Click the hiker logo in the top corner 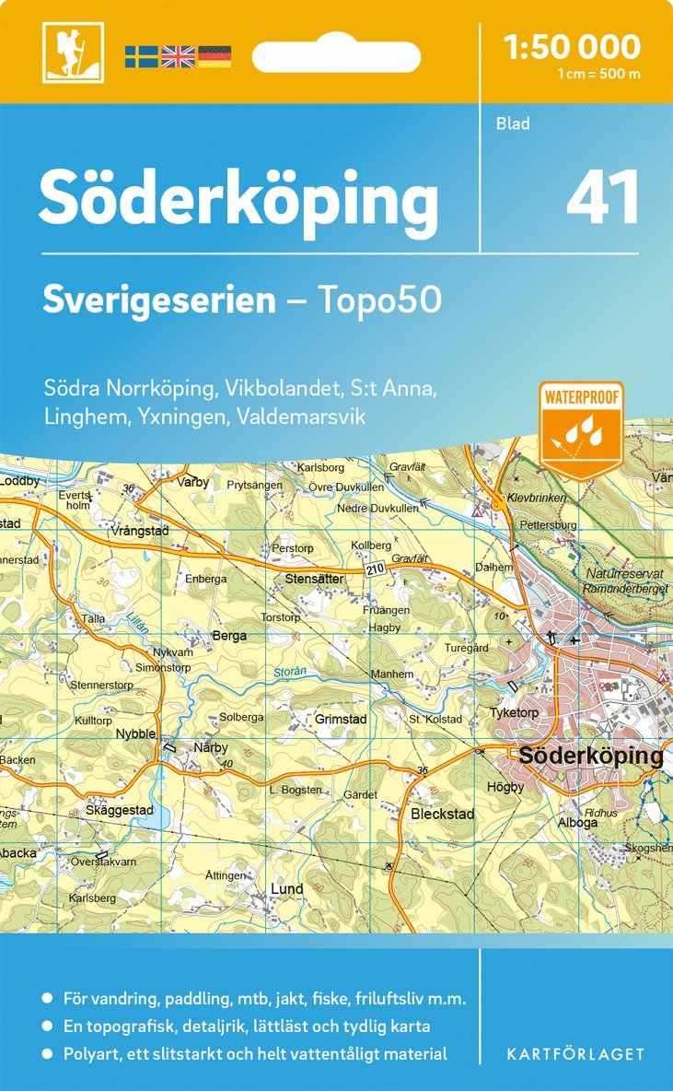coord(73,52)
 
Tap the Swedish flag coord(141,56)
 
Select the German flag coord(215,56)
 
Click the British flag coord(178,56)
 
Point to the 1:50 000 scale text coord(572,46)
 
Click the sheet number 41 coord(603,197)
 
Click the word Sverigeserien coord(159,299)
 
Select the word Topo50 coord(379,299)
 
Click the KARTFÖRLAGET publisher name coord(574,1053)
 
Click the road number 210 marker coord(373,571)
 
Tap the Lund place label coord(286,889)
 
